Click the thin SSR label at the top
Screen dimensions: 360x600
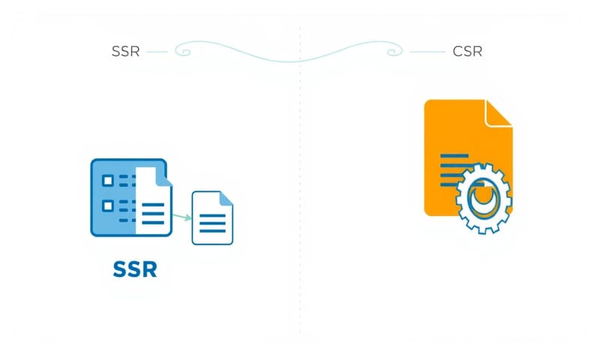point(124,52)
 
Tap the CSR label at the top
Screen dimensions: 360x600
point(467,52)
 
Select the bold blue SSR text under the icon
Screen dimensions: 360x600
point(134,268)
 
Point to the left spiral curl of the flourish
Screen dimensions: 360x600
point(184,51)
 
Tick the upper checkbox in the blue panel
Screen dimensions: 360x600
point(107,180)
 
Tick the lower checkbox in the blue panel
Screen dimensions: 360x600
point(107,205)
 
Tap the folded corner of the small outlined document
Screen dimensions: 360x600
point(226,197)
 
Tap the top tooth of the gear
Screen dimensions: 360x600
point(482,166)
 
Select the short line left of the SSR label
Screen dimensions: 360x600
point(157,52)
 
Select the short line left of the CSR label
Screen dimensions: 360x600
point(427,52)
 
